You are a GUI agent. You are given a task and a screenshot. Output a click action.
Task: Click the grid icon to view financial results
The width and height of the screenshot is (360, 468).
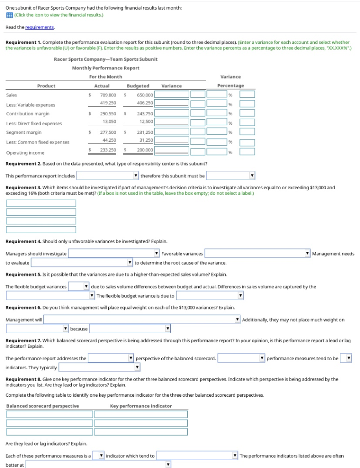tap(9, 15)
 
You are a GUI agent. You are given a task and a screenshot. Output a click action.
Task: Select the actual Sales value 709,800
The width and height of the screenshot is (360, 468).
tap(108, 95)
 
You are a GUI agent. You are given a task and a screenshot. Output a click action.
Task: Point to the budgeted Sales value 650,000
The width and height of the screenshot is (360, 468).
tap(145, 95)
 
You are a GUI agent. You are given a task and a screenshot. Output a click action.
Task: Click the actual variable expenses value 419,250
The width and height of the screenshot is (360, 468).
tap(108, 103)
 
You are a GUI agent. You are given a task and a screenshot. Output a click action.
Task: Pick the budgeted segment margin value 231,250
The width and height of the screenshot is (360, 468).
tap(145, 132)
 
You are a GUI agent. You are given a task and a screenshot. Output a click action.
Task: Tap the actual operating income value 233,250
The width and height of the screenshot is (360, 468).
tap(108, 149)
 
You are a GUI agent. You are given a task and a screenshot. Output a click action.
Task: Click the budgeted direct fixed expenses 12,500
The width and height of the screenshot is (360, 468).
tap(146, 122)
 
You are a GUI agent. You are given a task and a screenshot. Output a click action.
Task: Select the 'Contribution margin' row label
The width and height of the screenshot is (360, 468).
tap(28, 113)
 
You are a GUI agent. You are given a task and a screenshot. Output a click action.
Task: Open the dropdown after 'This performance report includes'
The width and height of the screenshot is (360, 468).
tap(108, 175)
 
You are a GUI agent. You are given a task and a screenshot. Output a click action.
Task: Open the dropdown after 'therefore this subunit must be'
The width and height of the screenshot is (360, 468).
tap(231, 175)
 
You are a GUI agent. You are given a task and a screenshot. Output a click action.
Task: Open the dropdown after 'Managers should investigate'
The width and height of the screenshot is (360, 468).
tap(114, 254)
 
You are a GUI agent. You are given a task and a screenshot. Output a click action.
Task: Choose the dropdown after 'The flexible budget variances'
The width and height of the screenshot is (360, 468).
tap(78, 287)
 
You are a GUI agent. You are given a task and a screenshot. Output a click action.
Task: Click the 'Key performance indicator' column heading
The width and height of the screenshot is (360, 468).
tap(141, 406)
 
